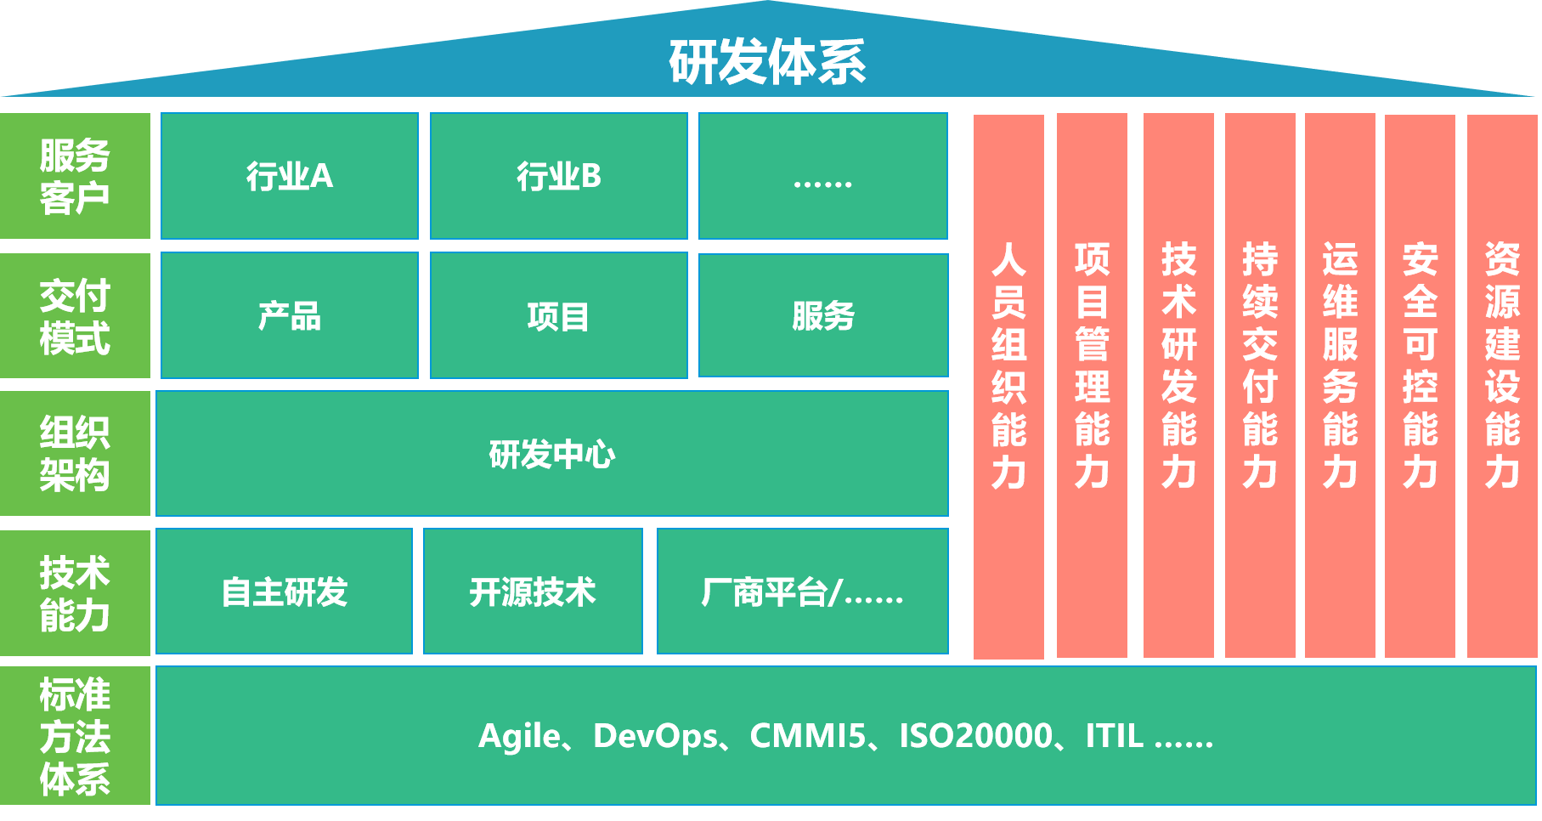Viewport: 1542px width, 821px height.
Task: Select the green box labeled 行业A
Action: [289, 176]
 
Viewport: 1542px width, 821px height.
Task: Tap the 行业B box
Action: [558, 176]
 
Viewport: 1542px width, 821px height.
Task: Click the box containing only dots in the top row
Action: [822, 176]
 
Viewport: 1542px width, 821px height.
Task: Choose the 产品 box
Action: [289, 315]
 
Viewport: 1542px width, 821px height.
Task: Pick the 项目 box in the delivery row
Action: [558, 315]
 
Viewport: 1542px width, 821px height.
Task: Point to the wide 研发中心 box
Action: [552, 454]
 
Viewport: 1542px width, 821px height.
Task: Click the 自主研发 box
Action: [284, 592]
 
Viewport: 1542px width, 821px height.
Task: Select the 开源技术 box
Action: [533, 592]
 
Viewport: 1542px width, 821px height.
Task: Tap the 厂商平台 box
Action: [802, 592]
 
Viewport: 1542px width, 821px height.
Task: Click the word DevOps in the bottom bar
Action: [655, 736]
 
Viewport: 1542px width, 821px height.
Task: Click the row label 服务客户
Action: [75, 176]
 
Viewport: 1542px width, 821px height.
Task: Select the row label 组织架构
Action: [75, 453]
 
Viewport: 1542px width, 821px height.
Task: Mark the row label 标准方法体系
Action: [75, 736]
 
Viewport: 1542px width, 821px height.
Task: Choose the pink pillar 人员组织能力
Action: [1008, 386]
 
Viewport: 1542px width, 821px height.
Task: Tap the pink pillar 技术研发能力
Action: [1178, 386]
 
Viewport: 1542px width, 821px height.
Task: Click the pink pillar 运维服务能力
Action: [1340, 386]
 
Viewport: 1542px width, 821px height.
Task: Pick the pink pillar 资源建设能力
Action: [1501, 386]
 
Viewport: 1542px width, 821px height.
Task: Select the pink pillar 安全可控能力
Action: [1420, 386]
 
